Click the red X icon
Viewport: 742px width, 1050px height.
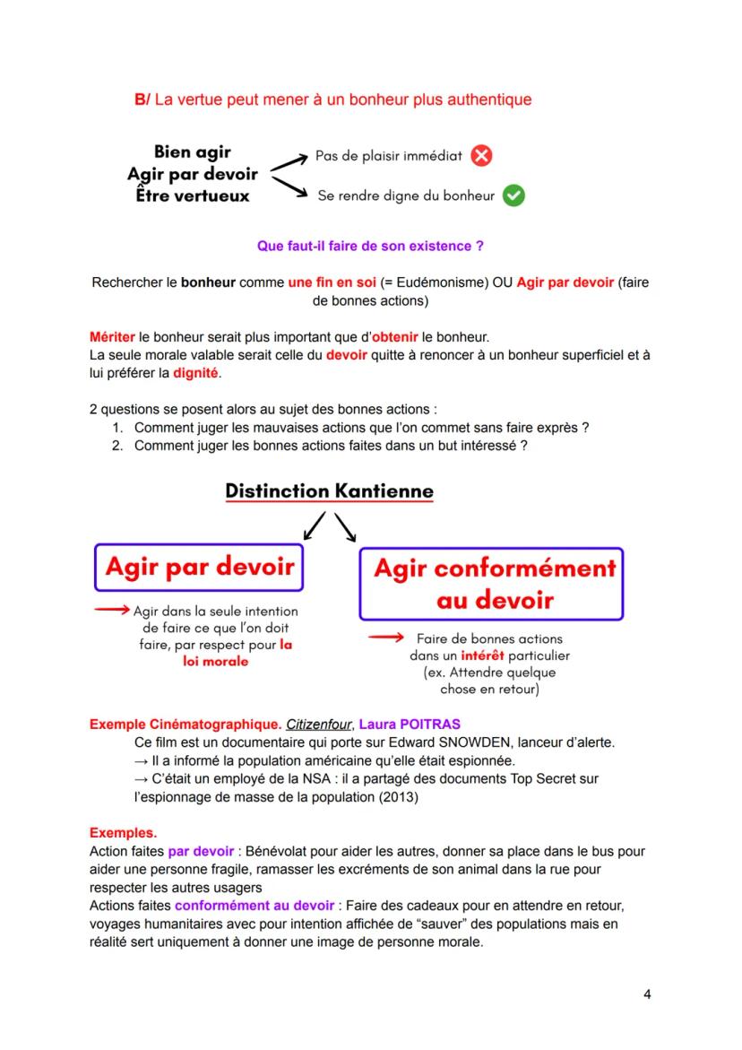482,156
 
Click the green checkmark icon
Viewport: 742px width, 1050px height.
513,195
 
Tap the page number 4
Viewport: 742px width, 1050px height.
647,994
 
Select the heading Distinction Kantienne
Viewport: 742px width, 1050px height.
329,491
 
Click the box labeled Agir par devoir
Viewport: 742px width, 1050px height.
200,567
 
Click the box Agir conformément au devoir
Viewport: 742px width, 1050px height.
491,584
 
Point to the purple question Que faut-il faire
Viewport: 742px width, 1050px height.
370,245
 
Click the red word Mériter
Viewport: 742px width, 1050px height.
112,337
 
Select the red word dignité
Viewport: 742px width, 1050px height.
195,372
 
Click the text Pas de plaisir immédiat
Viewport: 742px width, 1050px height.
388,156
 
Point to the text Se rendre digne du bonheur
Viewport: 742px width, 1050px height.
406,195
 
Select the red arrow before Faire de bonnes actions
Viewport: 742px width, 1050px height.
386,638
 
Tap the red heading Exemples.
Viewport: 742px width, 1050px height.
123,833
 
